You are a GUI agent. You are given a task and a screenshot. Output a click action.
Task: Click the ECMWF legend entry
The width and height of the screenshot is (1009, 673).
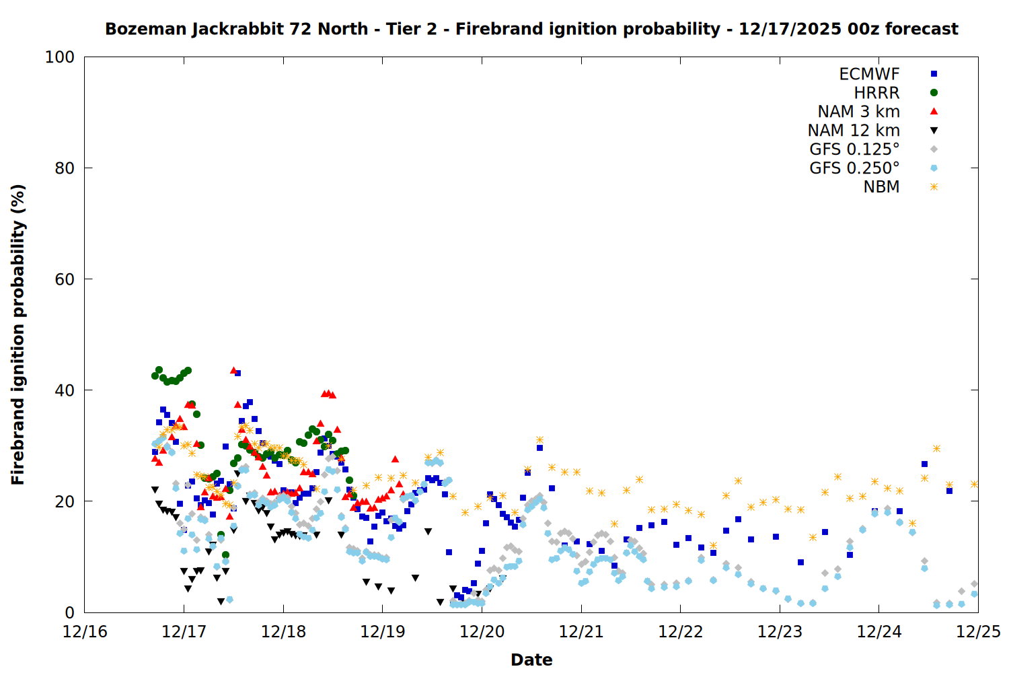pyautogui.click(x=869, y=74)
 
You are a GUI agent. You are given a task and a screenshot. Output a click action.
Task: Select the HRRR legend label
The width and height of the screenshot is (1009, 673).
pyautogui.click(x=876, y=93)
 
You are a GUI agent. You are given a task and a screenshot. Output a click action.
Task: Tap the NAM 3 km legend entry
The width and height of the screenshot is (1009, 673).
pyautogui.click(x=858, y=112)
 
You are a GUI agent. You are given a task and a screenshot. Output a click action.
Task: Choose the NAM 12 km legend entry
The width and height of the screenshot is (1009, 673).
pyautogui.click(x=854, y=131)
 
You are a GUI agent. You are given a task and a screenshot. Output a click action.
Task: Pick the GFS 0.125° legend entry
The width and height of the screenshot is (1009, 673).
pyautogui.click(x=854, y=149)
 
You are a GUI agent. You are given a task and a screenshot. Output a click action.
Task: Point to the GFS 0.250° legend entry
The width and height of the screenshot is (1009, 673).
pyautogui.click(x=854, y=168)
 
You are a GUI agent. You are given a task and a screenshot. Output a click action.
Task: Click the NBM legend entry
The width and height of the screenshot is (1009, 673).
pyautogui.click(x=881, y=187)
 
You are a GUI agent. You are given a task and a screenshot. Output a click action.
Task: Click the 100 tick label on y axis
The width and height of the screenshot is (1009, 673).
pyautogui.click(x=60, y=57)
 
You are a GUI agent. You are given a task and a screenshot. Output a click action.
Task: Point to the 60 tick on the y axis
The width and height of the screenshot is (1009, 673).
pyautogui.click(x=64, y=279)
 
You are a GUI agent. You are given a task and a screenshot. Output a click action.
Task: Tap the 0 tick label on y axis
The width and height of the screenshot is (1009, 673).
pyautogui.click(x=69, y=613)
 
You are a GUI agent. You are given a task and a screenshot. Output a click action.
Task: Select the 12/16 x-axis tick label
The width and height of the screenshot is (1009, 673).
pyautogui.click(x=85, y=632)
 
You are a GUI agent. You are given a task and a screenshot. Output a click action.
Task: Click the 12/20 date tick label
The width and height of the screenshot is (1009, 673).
pyautogui.click(x=482, y=632)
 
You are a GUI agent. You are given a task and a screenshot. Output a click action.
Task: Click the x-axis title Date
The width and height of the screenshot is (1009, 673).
pyautogui.click(x=531, y=660)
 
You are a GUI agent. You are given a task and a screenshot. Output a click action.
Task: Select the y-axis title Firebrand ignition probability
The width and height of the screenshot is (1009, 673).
pyautogui.click(x=18, y=334)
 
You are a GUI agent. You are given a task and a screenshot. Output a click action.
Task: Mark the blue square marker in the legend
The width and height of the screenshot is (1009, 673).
pyautogui.click(x=934, y=74)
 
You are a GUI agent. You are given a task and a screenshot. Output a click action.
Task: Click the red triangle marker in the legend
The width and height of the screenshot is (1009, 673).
pyautogui.click(x=934, y=112)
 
